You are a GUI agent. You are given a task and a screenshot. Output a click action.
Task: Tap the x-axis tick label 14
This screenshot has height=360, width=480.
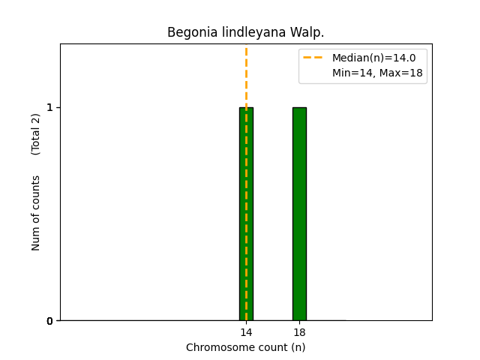point(246,332)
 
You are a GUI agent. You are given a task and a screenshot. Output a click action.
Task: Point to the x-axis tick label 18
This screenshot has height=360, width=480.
point(299,332)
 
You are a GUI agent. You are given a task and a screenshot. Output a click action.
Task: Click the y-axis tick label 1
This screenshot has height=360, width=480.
point(50,107)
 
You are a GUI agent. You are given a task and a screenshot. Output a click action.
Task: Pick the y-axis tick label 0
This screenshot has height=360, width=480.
point(50,321)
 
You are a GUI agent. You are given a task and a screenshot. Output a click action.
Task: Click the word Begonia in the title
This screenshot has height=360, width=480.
point(190,33)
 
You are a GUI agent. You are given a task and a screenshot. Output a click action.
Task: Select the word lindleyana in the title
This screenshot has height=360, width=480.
point(253,33)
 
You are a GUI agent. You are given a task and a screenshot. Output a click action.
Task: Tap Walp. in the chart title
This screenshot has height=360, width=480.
point(307,33)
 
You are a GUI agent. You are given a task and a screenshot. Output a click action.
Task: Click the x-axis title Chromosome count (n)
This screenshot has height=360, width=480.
point(246,347)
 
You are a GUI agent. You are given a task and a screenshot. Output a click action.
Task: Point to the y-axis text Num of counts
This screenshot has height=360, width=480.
point(36,213)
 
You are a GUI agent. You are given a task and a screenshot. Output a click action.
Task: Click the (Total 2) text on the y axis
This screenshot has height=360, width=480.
point(36,134)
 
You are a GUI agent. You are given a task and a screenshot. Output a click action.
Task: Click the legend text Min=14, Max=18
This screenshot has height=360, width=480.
point(377,73)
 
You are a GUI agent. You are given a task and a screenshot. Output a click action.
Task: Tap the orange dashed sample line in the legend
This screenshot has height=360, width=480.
point(315,58)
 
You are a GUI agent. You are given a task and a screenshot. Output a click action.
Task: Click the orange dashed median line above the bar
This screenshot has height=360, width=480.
point(246,75)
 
